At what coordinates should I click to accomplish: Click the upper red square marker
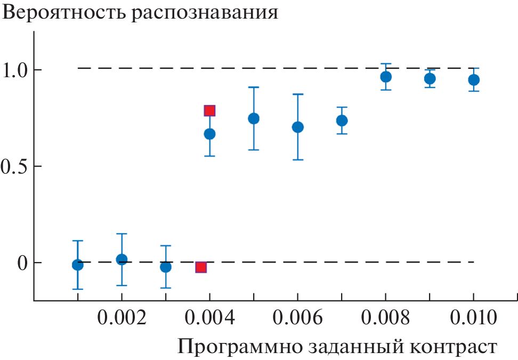(209, 111)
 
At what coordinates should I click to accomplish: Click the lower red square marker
(201, 267)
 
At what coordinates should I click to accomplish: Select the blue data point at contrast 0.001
(78, 265)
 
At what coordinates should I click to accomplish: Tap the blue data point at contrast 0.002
(122, 259)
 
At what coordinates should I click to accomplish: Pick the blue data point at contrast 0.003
(166, 267)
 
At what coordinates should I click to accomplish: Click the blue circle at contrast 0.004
(209, 134)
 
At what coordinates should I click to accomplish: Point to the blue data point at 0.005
(254, 118)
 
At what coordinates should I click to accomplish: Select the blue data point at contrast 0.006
(298, 127)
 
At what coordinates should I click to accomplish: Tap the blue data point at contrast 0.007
(342, 120)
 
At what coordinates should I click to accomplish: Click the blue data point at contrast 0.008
(386, 77)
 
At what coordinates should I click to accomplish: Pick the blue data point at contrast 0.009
(430, 79)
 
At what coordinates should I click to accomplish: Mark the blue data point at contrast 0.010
(473, 80)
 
